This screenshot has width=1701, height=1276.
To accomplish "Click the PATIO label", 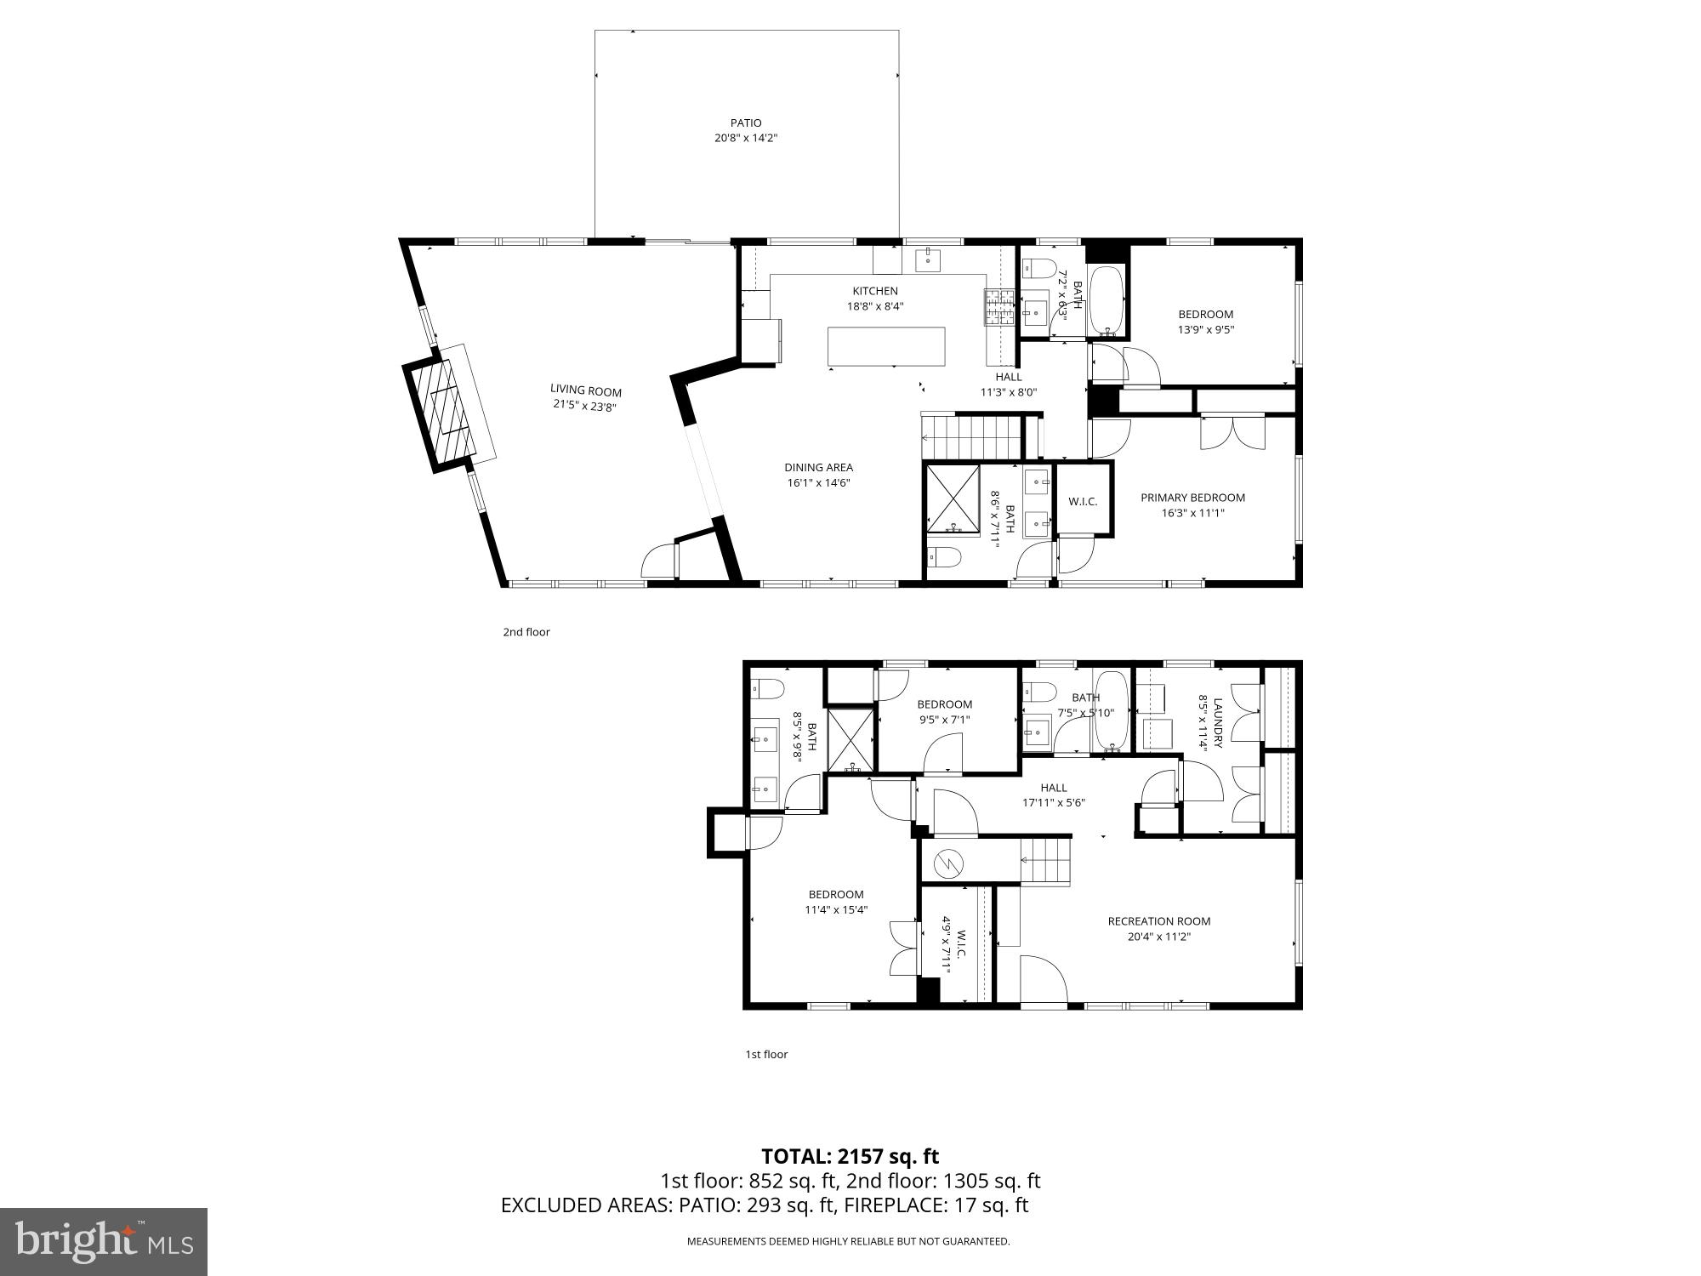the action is [x=746, y=122].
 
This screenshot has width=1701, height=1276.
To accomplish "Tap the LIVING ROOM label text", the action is [x=585, y=391].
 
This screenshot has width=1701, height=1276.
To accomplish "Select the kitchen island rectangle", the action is [x=886, y=347].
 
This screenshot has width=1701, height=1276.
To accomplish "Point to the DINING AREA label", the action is [x=818, y=467].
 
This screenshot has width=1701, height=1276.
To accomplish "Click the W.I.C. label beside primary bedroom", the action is [x=1083, y=502].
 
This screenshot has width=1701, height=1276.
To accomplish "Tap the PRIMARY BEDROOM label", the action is [x=1192, y=498].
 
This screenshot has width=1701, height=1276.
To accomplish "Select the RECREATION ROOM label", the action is [x=1158, y=920].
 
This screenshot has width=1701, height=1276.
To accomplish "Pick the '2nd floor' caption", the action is [x=526, y=632].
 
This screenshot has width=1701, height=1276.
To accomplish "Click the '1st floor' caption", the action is [x=766, y=1054].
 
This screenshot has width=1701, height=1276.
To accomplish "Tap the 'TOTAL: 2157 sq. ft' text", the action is [x=850, y=1156].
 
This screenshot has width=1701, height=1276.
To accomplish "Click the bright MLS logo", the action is [x=104, y=1241].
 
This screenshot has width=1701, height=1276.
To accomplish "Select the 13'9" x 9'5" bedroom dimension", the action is [x=1205, y=330].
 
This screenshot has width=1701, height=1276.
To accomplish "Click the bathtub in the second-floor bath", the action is [x=1107, y=299].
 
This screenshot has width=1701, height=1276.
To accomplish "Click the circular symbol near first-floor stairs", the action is [x=947, y=864].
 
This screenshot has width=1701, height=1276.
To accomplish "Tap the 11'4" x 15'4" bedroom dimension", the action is [x=836, y=909].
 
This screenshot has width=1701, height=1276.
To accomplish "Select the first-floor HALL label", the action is [x=1053, y=788].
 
